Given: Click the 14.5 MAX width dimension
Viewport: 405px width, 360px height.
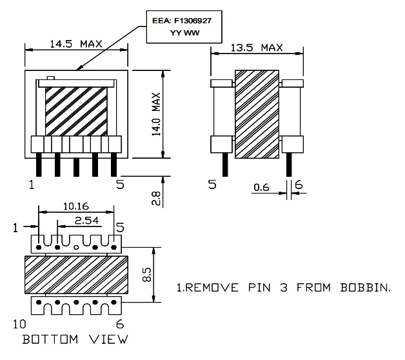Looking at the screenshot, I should click(x=76, y=44).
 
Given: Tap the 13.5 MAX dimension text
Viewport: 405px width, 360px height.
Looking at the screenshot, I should click(x=257, y=48).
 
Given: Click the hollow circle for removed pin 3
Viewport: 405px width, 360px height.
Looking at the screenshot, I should click(x=77, y=247).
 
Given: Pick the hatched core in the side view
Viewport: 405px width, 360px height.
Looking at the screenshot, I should click(x=256, y=115).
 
